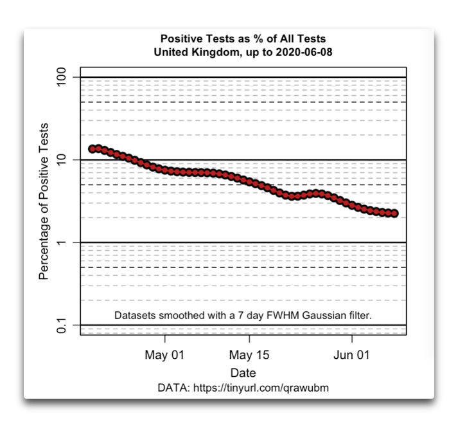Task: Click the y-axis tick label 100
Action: (61, 77)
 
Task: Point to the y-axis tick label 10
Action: (61, 159)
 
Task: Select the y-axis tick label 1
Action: (62, 242)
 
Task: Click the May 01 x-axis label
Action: (164, 355)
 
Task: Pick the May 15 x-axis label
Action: (249, 355)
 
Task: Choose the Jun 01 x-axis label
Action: (351, 355)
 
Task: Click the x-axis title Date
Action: (243, 373)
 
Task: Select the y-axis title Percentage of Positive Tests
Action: (43, 201)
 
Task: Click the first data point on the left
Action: (92, 149)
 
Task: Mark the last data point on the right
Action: (394, 213)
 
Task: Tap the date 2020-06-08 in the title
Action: (304, 52)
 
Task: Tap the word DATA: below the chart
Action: (174, 388)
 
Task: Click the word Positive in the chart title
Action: (182, 39)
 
